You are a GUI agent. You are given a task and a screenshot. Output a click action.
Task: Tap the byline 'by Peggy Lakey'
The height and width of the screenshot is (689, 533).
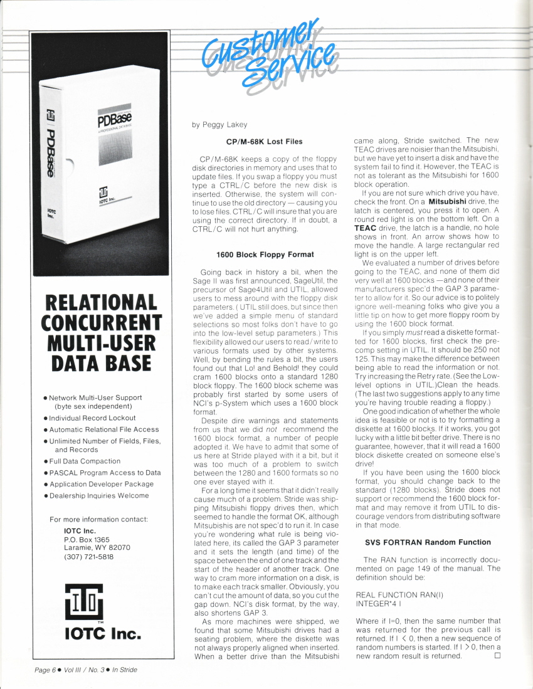coord(219,124)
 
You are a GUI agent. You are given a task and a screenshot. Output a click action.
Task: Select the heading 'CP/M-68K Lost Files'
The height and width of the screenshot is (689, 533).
coord(264,142)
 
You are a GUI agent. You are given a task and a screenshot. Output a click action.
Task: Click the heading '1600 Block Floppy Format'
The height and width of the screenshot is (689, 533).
coord(265,255)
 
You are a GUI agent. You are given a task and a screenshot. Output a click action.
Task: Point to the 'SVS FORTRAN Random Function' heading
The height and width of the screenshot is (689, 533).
coord(428,542)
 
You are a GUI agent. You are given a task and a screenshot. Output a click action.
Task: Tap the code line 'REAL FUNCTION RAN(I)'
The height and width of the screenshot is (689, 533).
coord(395,594)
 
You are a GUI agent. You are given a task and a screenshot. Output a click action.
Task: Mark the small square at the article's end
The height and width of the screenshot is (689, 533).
coord(497,656)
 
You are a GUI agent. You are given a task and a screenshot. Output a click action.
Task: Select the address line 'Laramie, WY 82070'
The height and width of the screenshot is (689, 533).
coord(97,547)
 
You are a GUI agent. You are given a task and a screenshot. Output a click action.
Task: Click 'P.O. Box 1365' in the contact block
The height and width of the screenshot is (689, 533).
coord(87,539)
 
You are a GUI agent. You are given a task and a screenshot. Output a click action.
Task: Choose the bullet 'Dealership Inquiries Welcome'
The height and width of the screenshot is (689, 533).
coord(99,495)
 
